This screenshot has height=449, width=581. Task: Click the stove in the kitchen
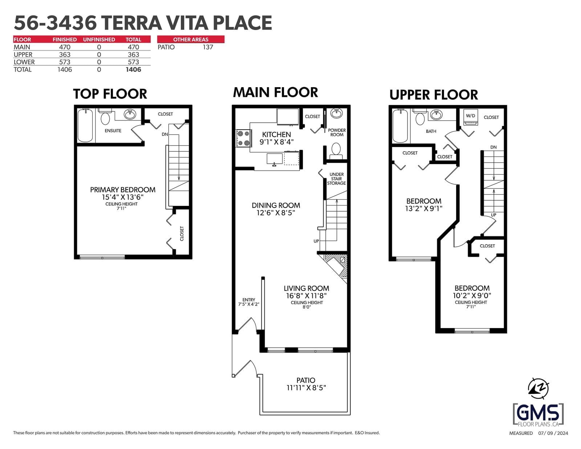tap(244, 138)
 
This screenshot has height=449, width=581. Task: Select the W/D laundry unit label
tap(470, 116)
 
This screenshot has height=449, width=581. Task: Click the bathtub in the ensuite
tap(85, 126)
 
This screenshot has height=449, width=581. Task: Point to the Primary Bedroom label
tap(123, 190)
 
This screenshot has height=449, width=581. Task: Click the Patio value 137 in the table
tap(208, 47)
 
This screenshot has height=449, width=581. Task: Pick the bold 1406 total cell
tap(133, 70)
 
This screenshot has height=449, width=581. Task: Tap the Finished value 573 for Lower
tap(65, 62)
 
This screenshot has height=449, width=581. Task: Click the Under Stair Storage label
tap(336, 179)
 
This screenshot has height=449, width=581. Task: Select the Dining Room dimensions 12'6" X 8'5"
tap(276, 213)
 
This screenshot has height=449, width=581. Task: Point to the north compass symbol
tap(538, 389)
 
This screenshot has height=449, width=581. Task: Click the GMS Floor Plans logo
tap(538, 415)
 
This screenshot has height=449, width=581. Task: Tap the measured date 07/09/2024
tap(553, 433)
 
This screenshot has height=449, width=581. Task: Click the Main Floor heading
tap(275, 93)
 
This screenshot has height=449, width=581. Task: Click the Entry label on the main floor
tap(249, 300)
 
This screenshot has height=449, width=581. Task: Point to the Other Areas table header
tap(191, 40)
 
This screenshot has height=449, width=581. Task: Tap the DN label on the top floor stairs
tap(165, 134)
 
